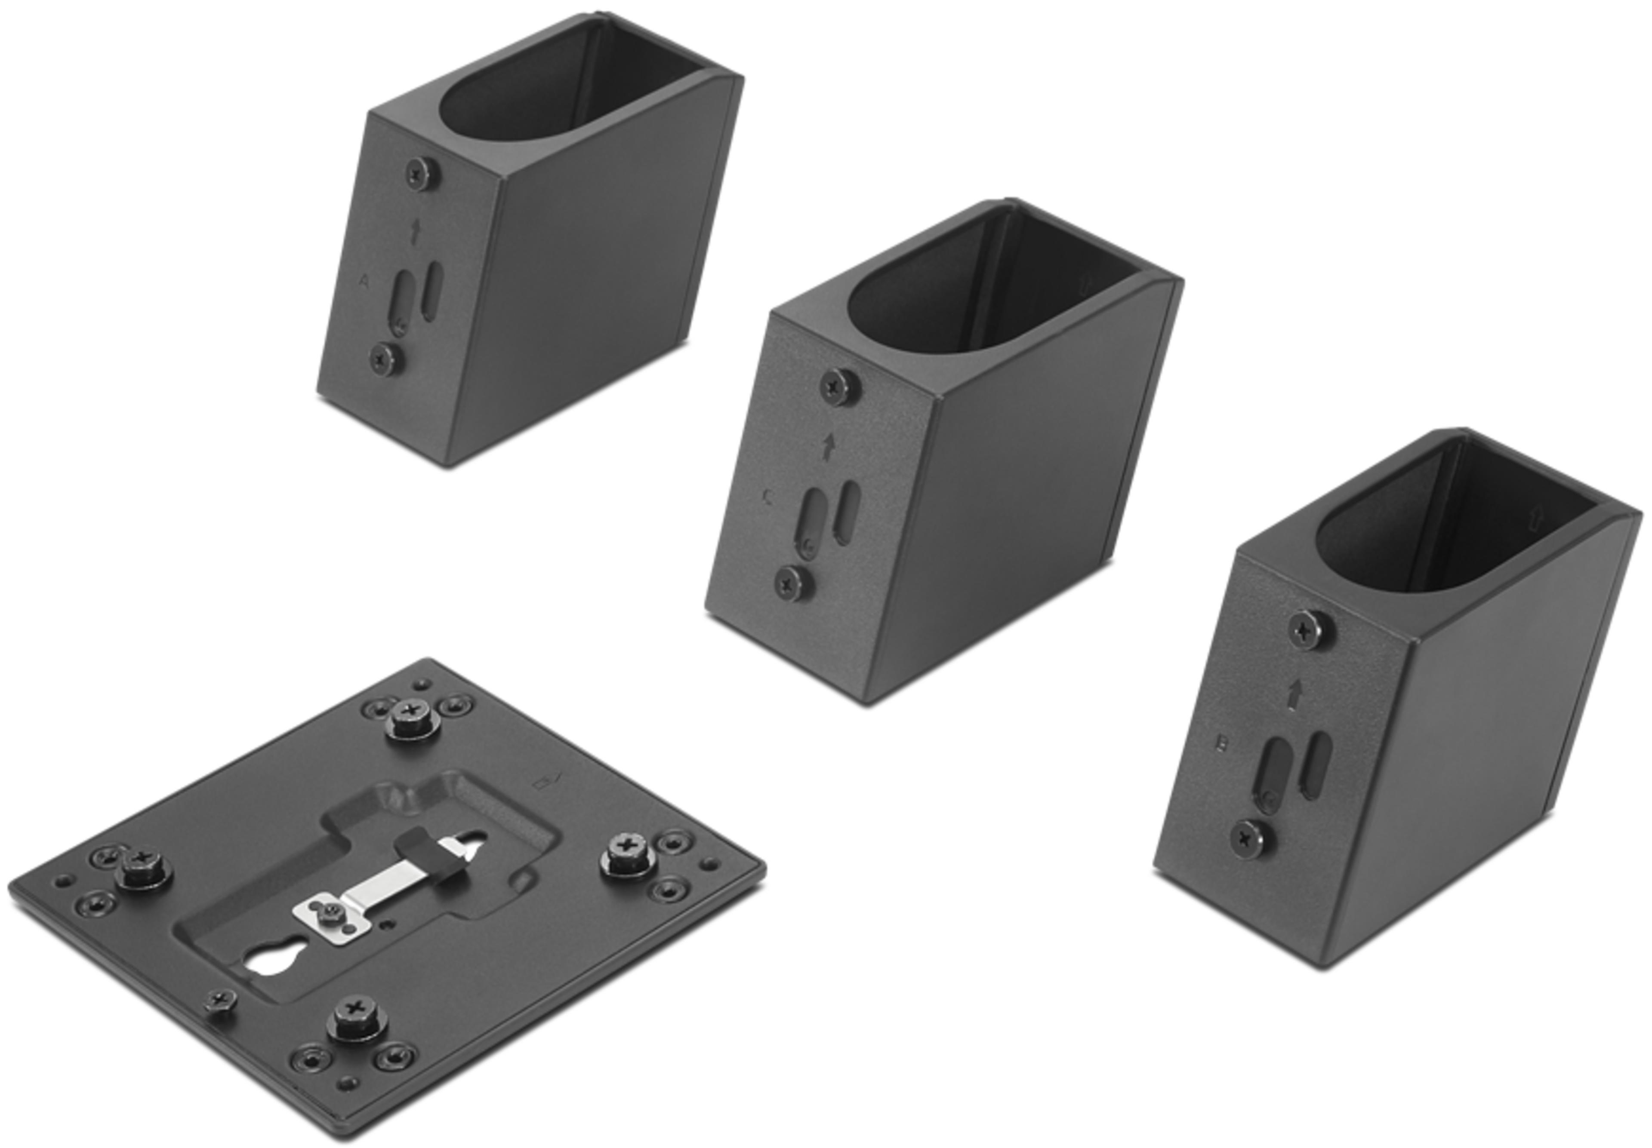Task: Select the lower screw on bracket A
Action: tap(384, 357)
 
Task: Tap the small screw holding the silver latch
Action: tap(330, 913)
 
